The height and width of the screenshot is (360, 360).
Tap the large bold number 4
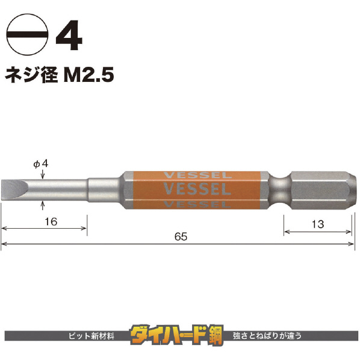point(69,35)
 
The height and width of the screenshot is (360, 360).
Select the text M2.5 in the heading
point(88,75)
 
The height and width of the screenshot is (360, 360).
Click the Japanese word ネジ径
point(31,75)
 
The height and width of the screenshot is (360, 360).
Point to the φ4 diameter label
point(41,164)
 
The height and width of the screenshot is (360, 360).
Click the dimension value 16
point(51,222)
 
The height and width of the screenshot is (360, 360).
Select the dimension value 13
point(318,225)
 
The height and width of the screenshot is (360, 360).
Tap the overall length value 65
point(181,237)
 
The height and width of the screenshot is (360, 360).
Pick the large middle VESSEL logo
point(197,188)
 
